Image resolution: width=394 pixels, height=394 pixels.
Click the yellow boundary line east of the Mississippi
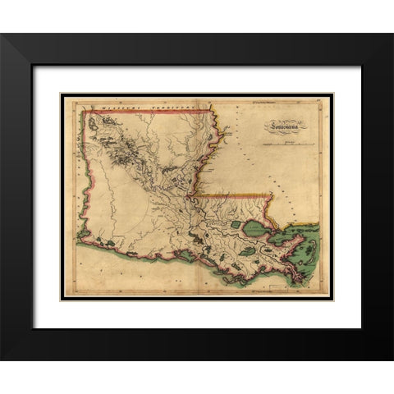[x=238, y=195]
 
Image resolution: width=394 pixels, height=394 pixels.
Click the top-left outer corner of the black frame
[x=2, y=34]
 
